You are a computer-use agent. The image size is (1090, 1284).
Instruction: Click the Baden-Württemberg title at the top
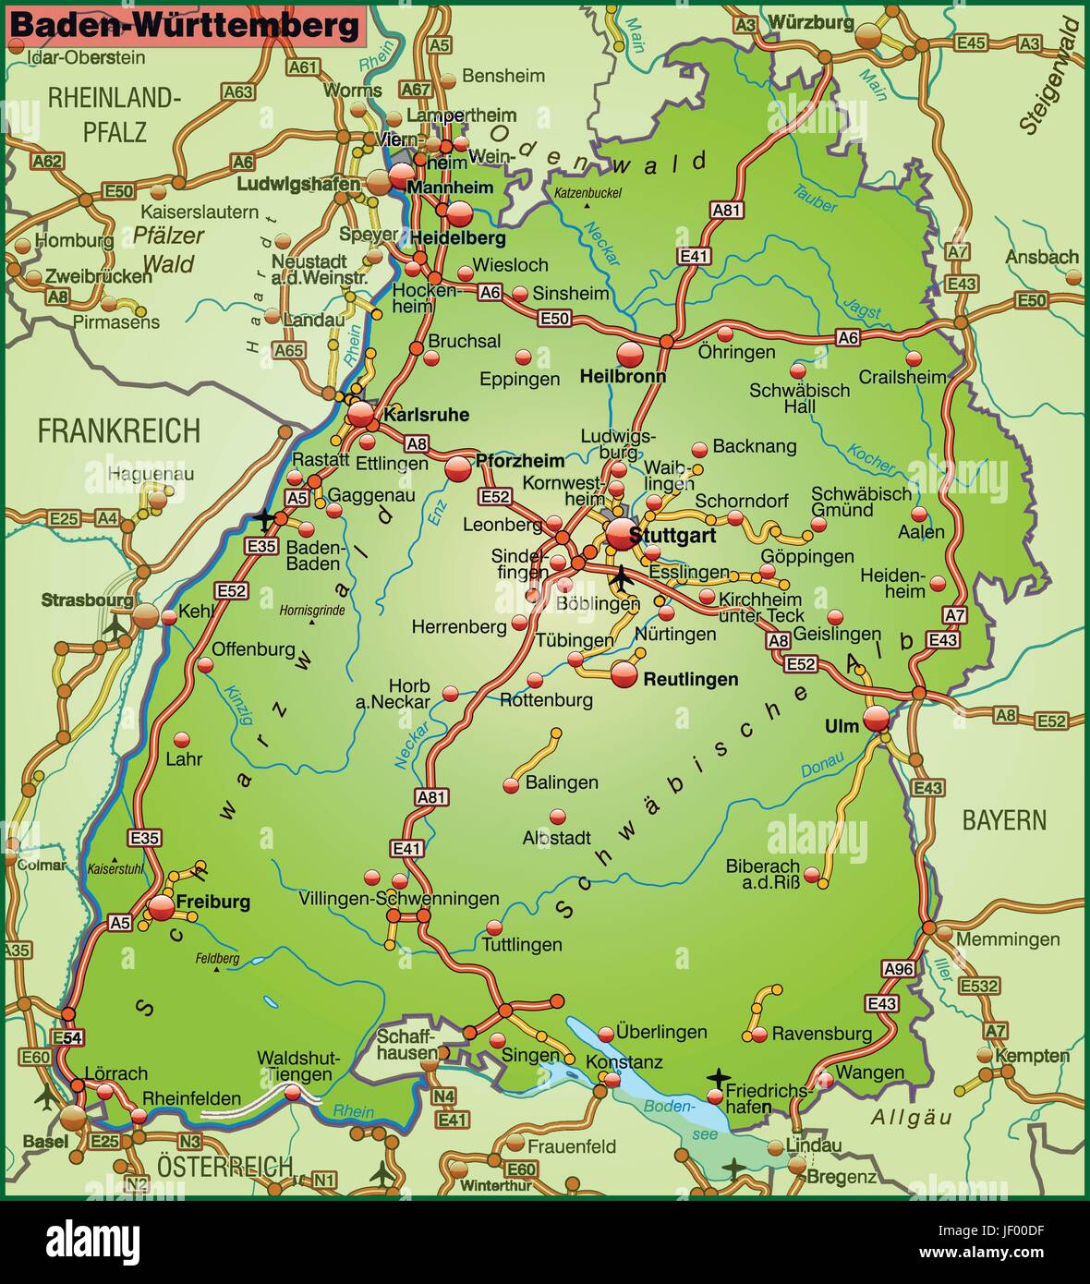point(184,25)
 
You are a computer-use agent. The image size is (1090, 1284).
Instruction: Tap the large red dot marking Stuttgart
point(621,534)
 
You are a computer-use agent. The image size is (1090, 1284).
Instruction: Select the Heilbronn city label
point(623,377)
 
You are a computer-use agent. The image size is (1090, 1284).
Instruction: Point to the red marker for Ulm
point(877,719)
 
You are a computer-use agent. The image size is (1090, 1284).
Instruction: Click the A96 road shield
point(898,968)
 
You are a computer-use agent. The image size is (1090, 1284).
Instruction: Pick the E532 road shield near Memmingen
point(978,987)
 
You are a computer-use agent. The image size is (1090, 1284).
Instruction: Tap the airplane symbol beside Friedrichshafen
point(719,1077)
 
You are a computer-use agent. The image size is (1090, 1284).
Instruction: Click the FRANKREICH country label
point(118,430)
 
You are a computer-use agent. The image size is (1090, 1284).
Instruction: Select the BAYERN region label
point(1004,819)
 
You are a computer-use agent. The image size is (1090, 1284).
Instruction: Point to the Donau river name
point(822,763)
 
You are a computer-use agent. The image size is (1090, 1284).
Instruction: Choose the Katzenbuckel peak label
point(588,193)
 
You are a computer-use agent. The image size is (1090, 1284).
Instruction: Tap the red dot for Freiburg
point(162,907)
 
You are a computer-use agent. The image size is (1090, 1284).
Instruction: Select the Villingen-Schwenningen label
point(399,899)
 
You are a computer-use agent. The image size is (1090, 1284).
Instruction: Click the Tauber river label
point(815,199)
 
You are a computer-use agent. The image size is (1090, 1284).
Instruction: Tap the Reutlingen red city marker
point(624,674)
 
